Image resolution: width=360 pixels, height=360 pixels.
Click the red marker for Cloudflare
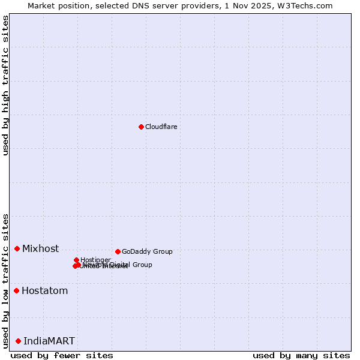[141, 127]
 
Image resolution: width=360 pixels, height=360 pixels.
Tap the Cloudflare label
[161, 127]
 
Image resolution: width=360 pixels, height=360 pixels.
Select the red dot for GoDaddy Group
[118, 251]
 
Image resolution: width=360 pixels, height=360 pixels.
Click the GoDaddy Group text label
[147, 252]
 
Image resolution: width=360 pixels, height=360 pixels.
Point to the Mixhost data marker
[17, 248]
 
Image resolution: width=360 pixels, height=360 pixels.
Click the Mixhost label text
[40, 249]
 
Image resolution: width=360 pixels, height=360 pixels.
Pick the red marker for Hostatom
[16, 291]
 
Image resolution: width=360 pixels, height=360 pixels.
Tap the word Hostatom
[44, 291]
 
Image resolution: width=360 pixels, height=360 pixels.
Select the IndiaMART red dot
[18, 341]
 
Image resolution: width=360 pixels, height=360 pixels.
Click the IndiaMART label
[49, 341]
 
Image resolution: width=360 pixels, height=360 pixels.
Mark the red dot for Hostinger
[76, 260]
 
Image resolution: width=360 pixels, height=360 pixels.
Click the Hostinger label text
[95, 260]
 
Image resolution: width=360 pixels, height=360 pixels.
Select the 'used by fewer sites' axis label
[62, 356]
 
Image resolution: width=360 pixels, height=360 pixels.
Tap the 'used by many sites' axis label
[301, 356]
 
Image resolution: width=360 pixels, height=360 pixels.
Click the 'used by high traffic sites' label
[6, 85]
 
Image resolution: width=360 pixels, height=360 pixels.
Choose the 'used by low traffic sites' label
[6, 281]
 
